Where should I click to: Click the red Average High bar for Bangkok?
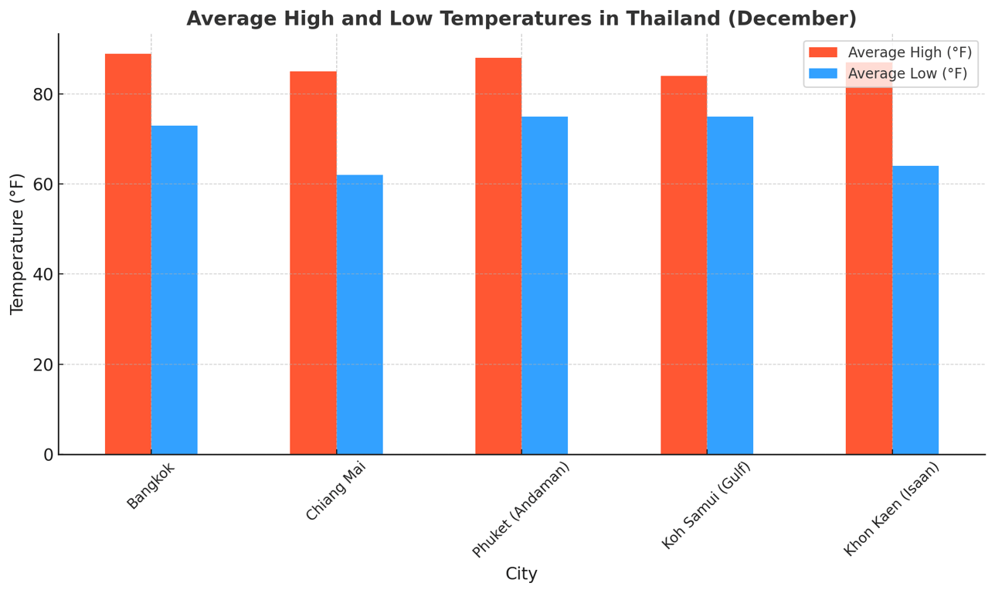(128, 254)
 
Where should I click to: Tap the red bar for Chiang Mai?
(313, 263)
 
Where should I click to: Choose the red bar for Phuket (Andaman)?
(498, 256)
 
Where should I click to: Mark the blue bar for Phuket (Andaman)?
(545, 285)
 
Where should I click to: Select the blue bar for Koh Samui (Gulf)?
(730, 285)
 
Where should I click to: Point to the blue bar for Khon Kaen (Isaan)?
(915, 310)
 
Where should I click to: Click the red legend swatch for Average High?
(823, 53)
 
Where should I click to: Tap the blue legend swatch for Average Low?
(823, 73)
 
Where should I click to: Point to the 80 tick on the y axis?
(43, 94)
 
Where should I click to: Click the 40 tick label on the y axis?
(43, 275)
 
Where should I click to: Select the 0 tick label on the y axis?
(49, 455)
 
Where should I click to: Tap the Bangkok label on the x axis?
(151, 486)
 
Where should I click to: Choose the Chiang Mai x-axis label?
(334, 491)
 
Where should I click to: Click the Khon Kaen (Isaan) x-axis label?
(891, 509)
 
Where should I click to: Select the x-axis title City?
(521, 574)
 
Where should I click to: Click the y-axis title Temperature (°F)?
(18, 244)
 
